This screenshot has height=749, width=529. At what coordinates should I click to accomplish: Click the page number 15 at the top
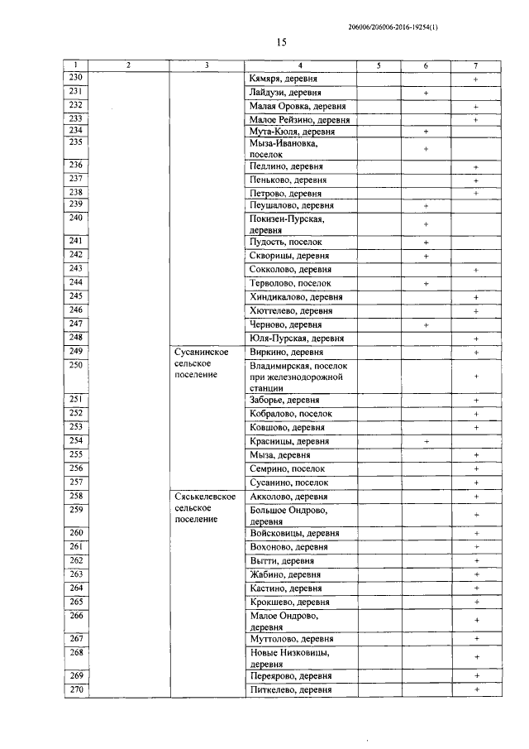point(280,42)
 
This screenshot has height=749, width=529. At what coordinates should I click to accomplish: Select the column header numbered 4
point(300,65)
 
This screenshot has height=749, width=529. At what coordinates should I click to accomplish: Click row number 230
point(75,78)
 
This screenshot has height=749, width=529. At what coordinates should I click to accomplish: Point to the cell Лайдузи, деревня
point(285,93)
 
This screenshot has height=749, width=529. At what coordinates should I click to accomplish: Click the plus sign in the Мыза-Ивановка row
point(425,149)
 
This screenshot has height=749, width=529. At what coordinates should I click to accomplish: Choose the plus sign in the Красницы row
point(425,442)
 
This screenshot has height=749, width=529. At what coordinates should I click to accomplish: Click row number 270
point(75,689)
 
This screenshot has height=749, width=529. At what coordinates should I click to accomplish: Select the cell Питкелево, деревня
point(290,689)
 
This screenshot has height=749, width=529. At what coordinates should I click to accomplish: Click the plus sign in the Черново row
point(425,325)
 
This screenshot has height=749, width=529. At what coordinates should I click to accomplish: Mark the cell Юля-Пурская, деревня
point(296,338)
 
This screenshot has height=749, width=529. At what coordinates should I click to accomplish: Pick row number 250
point(75,365)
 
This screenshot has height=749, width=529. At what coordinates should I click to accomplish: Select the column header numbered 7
point(475,65)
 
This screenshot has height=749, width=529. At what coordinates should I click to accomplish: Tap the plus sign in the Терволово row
point(425,283)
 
